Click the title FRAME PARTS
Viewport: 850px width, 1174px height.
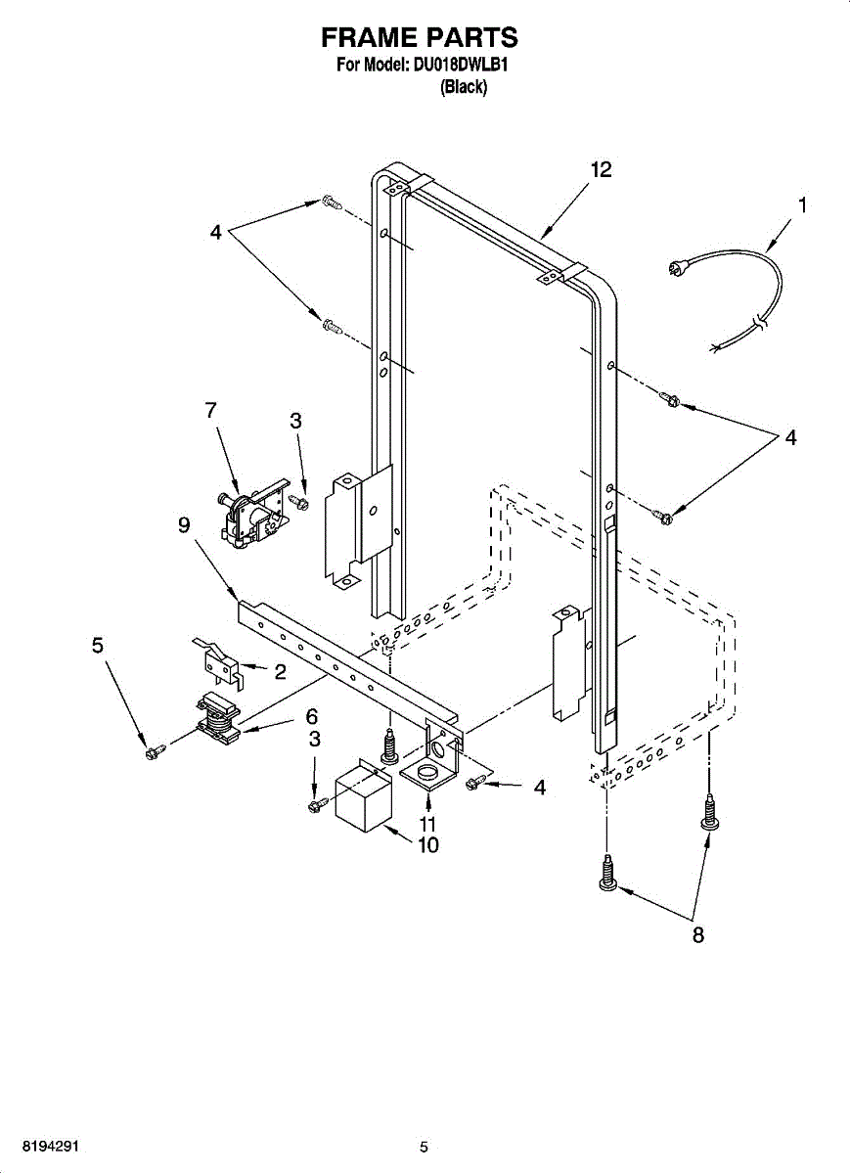(420, 38)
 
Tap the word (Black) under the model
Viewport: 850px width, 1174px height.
(463, 87)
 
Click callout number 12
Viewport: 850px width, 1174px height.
(601, 170)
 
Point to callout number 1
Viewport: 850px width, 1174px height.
(802, 204)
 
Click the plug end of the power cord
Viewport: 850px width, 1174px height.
(679, 266)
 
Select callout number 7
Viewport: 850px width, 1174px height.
(211, 411)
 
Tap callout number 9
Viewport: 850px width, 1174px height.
(184, 525)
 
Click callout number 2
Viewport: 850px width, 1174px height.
(280, 672)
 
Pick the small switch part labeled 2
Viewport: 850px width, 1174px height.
(220, 661)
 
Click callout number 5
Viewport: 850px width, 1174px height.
(97, 646)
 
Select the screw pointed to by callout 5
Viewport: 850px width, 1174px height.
(153, 751)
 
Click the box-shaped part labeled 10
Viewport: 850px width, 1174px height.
(363, 799)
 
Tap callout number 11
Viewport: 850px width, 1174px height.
(427, 823)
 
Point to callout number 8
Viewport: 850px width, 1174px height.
(698, 935)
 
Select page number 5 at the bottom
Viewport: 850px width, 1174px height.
(424, 1148)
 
